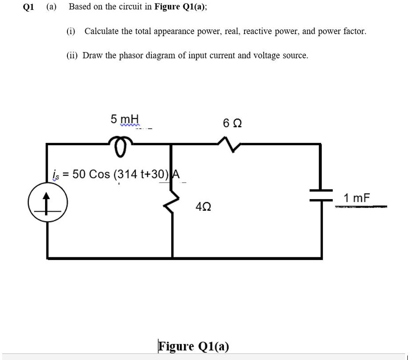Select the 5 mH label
(125, 119)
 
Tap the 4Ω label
(203, 206)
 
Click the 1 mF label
(357, 198)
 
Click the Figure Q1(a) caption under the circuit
(194, 346)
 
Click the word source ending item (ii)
(294, 56)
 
